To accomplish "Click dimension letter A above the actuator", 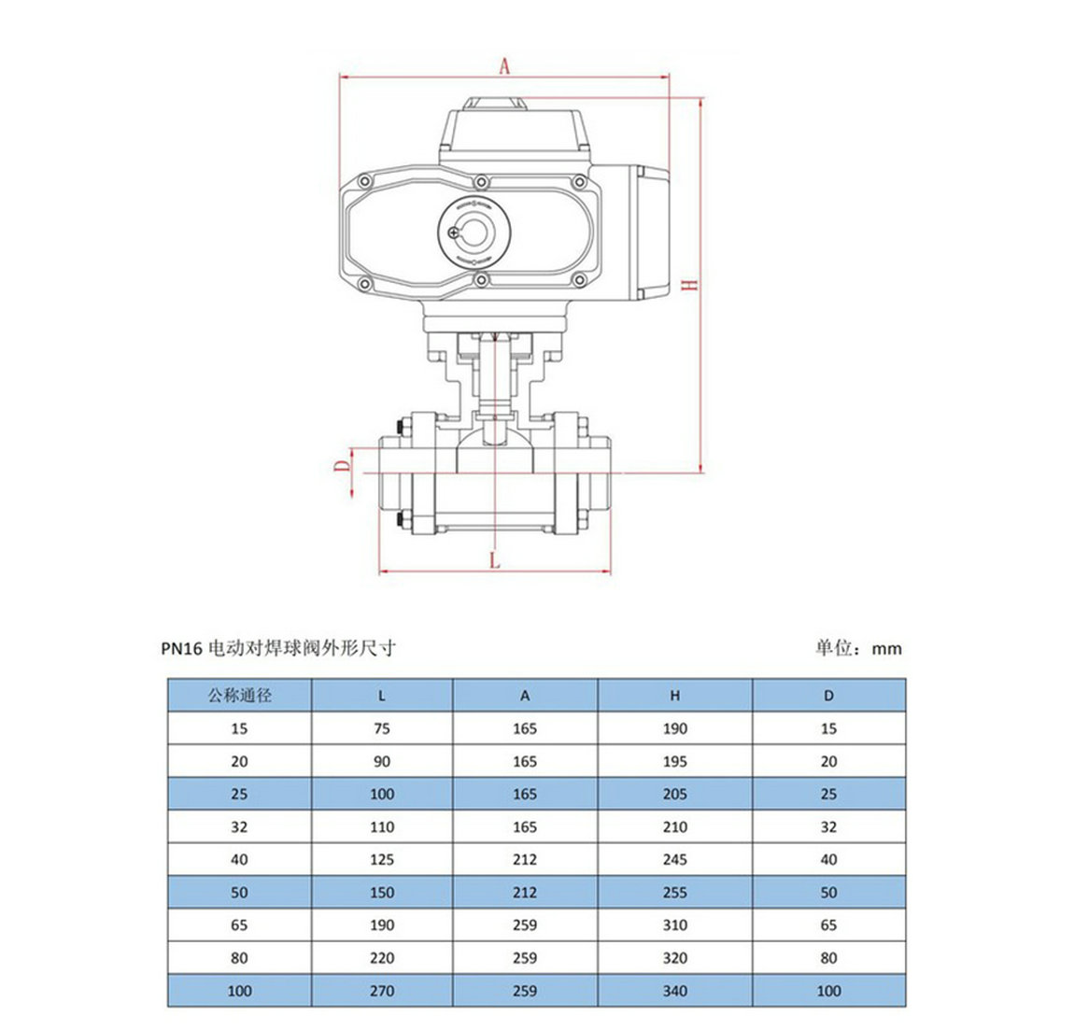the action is [505, 65].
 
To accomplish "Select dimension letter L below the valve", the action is [495, 560].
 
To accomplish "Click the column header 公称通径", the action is [240, 696].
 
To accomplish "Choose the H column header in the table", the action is [674, 696].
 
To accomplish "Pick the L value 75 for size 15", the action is [382, 728].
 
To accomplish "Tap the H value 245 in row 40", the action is [674, 859].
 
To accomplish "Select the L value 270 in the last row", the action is [382, 991].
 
